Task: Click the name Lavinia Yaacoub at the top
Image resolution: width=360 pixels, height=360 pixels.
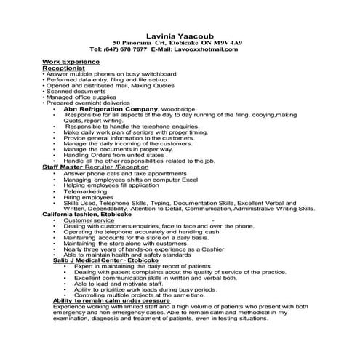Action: pyautogui.click(x=180, y=34)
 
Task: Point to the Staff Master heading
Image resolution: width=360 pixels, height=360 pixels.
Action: pyautogui.click(x=63, y=167)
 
